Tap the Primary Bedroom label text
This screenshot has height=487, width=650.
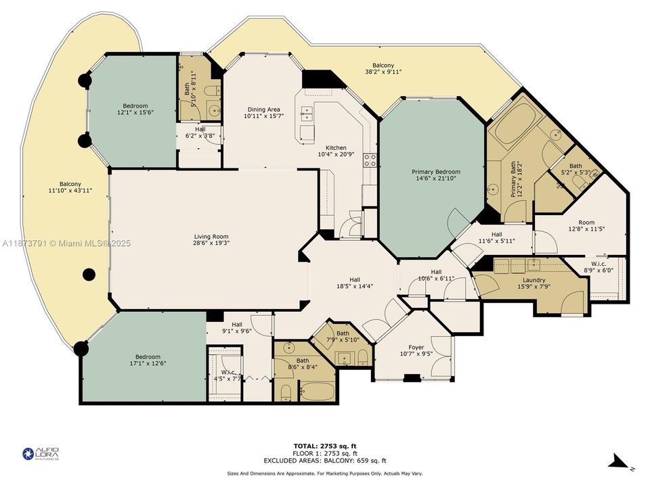[x=436, y=172]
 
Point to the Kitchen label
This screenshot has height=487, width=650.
[x=336, y=147]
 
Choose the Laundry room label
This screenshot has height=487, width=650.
[x=534, y=280]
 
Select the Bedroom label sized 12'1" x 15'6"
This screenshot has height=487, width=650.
[x=135, y=106]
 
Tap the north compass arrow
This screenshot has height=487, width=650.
[x=619, y=463]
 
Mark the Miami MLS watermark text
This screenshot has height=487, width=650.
[x=66, y=243]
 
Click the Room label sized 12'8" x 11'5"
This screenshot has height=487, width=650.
[x=586, y=223]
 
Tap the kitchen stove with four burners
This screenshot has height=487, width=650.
[x=370, y=160]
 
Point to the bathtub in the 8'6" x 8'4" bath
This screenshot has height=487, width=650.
[x=316, y=390]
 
